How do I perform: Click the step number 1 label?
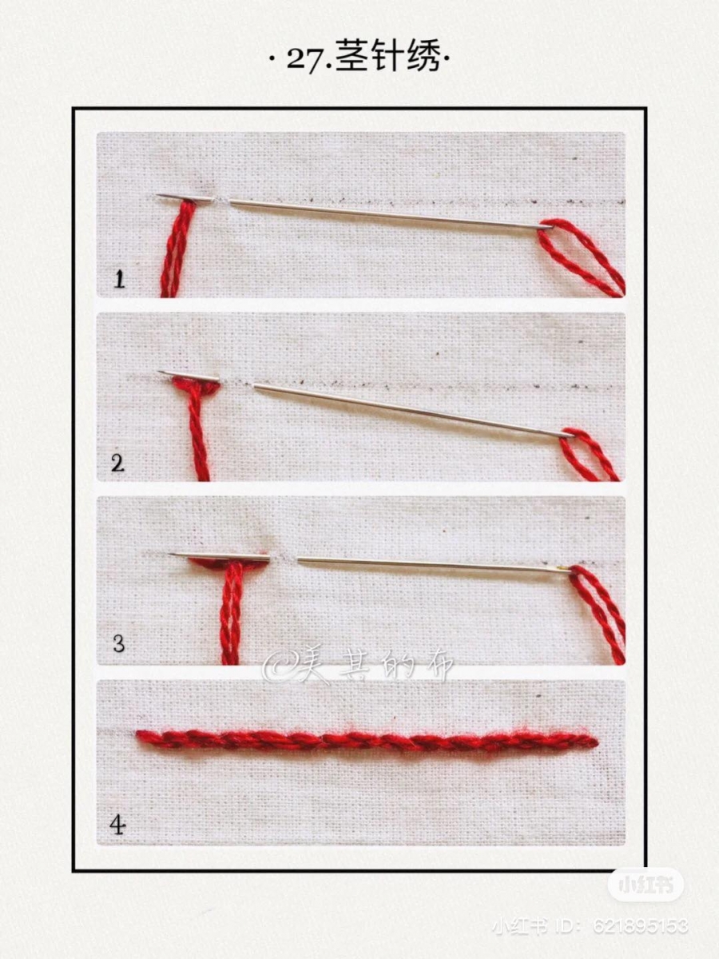[119, 279]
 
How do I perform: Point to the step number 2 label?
[117, 463]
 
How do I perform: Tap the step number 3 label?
[118, 643]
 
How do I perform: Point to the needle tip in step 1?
[157, 196]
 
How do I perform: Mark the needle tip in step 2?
[159, 372]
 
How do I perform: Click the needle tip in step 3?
[170, 554]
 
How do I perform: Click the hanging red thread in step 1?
[177, 249]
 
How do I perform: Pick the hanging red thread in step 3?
[232, 614]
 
